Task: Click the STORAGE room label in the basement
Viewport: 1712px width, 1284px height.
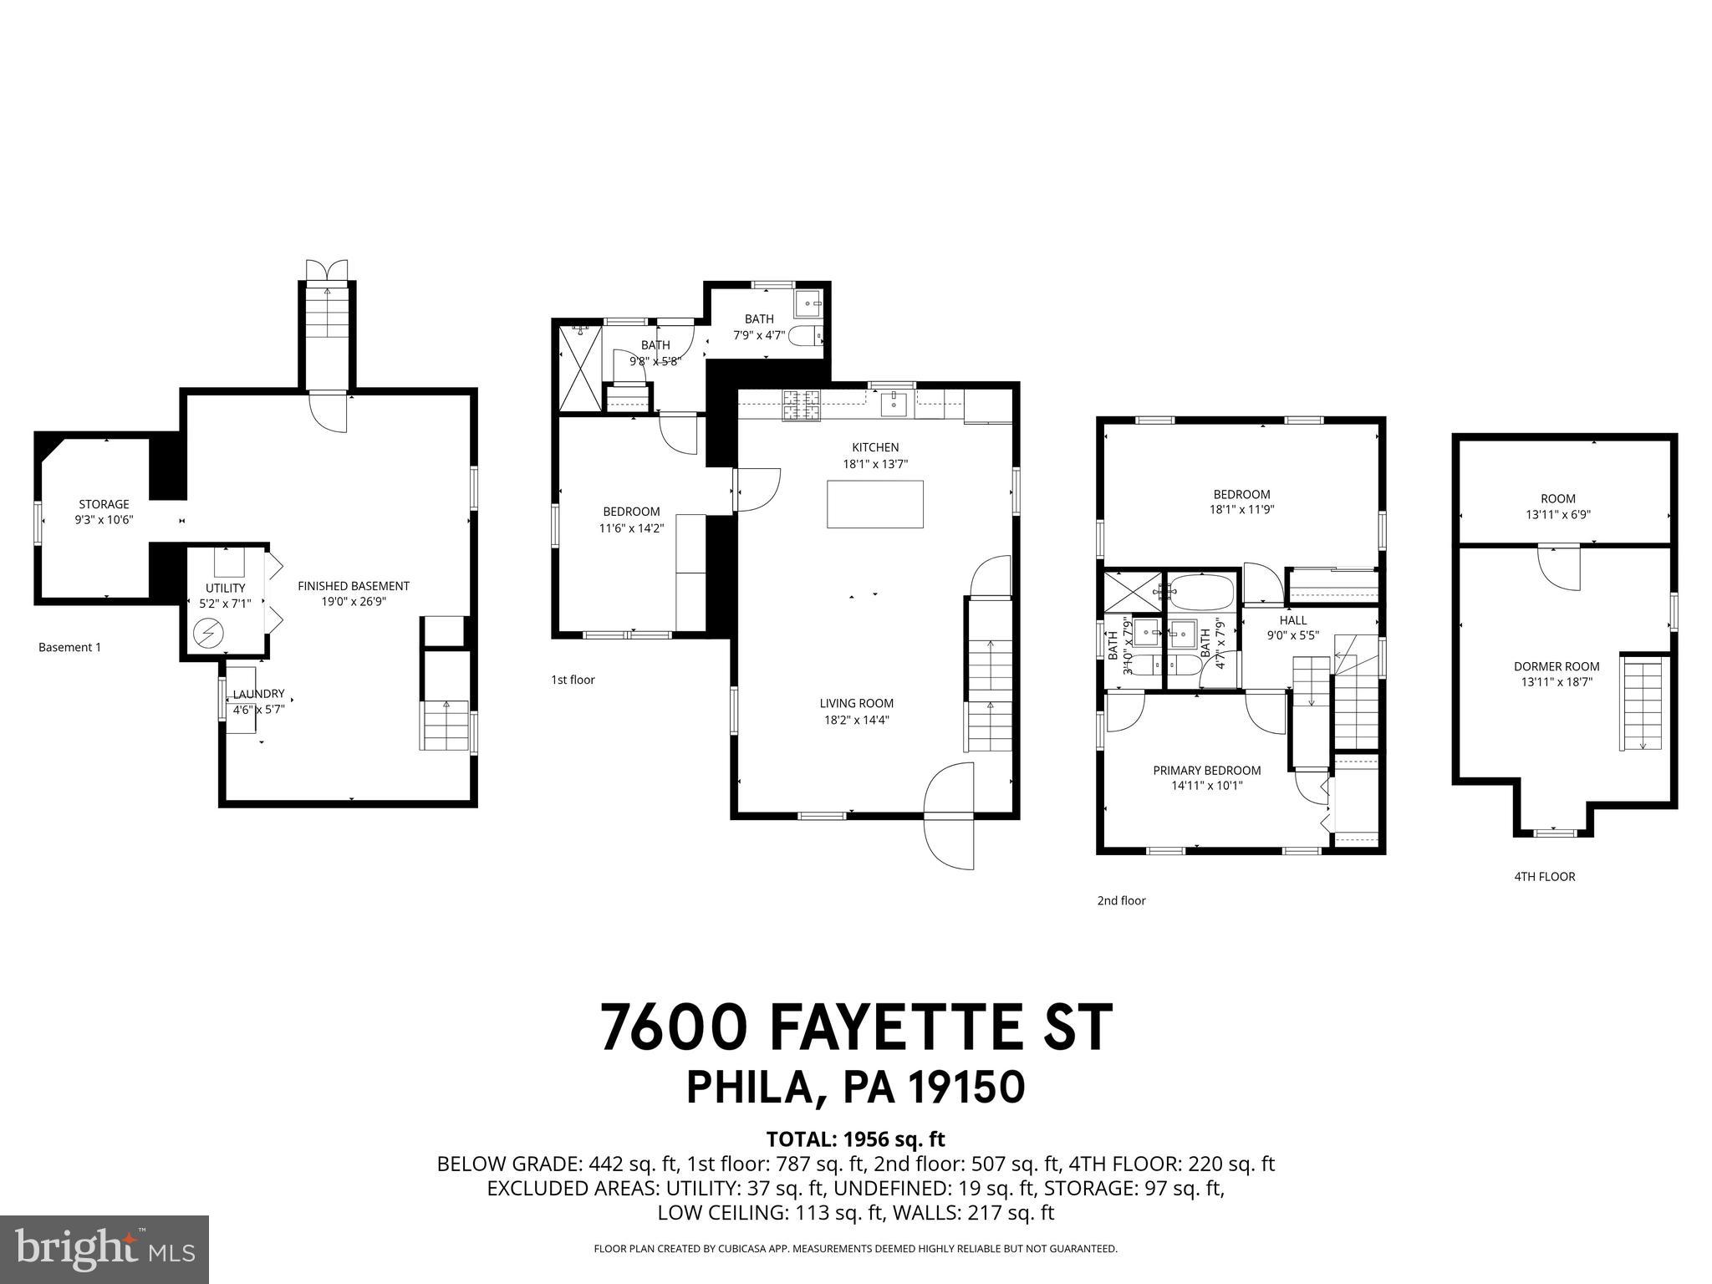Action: click(104, 504)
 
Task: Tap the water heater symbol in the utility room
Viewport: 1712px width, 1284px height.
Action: click(205, 634)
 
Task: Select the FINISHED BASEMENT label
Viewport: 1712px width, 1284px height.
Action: click(354, 586)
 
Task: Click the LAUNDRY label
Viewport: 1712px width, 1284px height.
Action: click(258, 694)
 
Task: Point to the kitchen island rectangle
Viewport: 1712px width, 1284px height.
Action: click(875, 504)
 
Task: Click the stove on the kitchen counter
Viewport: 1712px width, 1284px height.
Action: click(802, 405)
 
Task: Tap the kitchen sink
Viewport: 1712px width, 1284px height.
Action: click(894, 403)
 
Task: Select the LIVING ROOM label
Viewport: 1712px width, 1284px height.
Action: click(856, 703)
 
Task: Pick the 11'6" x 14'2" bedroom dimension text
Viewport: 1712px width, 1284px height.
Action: click(631, 528)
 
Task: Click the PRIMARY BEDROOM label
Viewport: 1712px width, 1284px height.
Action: click(1206, 770)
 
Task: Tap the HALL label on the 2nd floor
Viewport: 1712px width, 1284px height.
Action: click(1292, 620)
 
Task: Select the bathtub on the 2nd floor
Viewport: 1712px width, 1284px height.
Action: click(1200, 591)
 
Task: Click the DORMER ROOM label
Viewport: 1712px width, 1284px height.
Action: click(1557, 666)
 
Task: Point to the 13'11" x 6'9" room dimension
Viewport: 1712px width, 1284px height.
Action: click(1557, 516)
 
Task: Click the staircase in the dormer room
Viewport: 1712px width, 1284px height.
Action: click(1643, 703)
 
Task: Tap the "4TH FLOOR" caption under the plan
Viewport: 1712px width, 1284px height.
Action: click(1544, 876)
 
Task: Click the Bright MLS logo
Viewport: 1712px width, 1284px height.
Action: click(104, 1250)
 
